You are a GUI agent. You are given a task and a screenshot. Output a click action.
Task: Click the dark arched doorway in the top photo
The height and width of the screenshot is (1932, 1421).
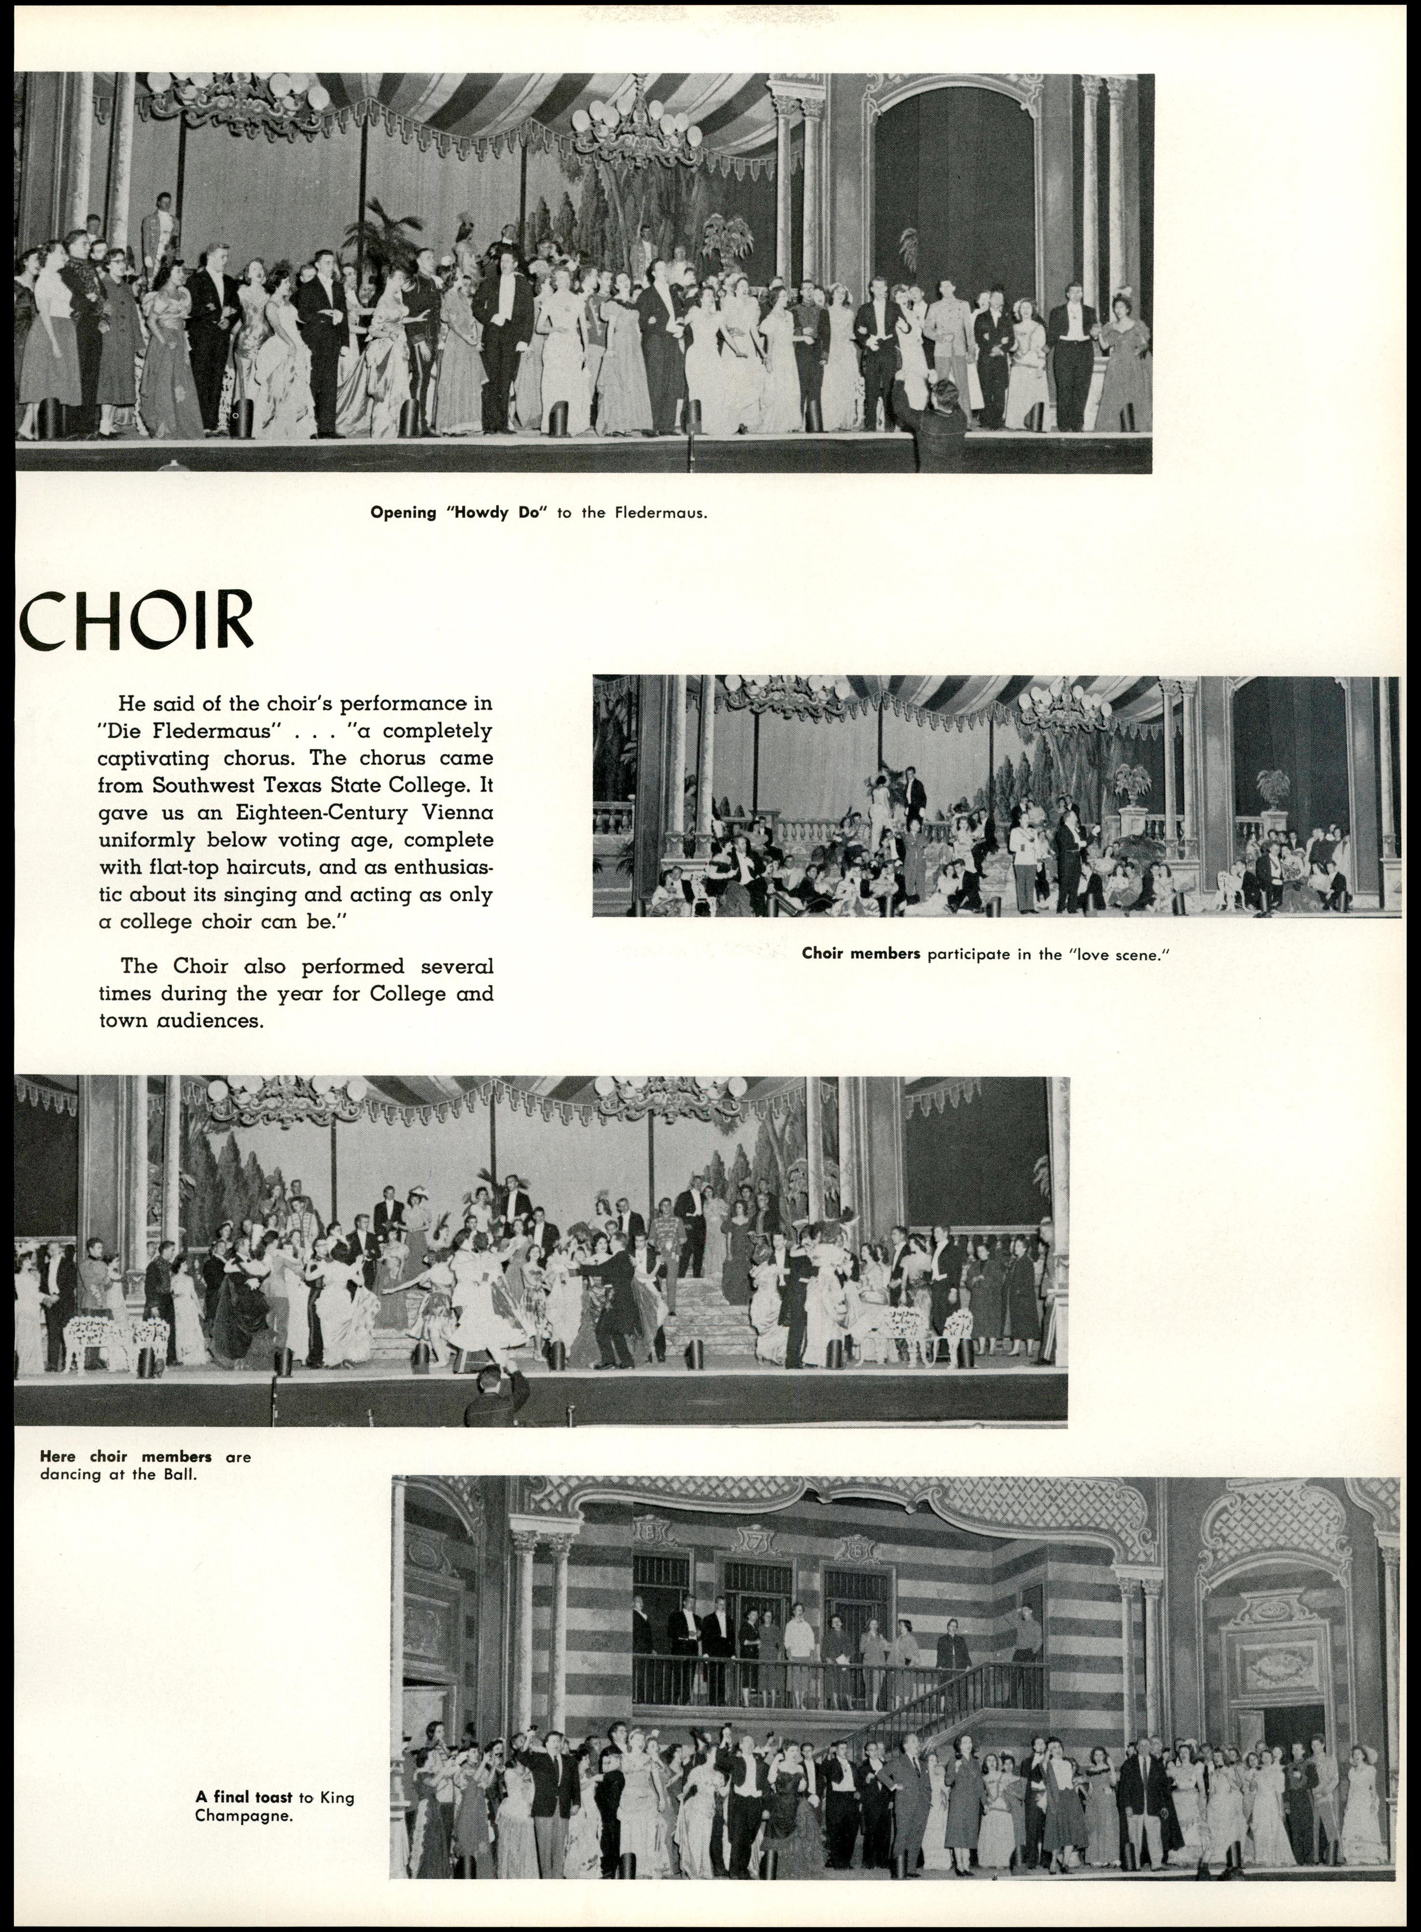(955, 206)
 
